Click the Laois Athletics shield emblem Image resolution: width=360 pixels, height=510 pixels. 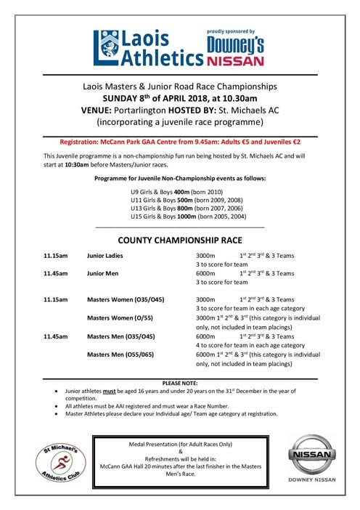point(107,46)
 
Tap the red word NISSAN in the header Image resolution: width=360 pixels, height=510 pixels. point(237,60)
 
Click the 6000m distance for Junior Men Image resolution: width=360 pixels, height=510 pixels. point(207,274)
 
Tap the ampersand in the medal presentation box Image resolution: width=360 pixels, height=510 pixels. point(180,450)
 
